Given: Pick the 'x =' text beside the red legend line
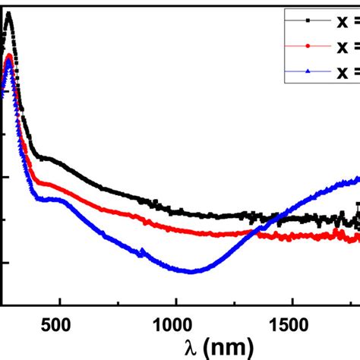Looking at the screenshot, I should tap(345, 46).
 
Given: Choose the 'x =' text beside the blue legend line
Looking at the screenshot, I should tap(345, 72).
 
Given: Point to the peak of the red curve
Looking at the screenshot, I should tap(9, 55).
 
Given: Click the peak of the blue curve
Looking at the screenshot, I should tap(9, 62).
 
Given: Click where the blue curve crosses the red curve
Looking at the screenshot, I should tap(253, 234).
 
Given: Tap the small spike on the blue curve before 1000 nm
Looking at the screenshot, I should tap(142, 251).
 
